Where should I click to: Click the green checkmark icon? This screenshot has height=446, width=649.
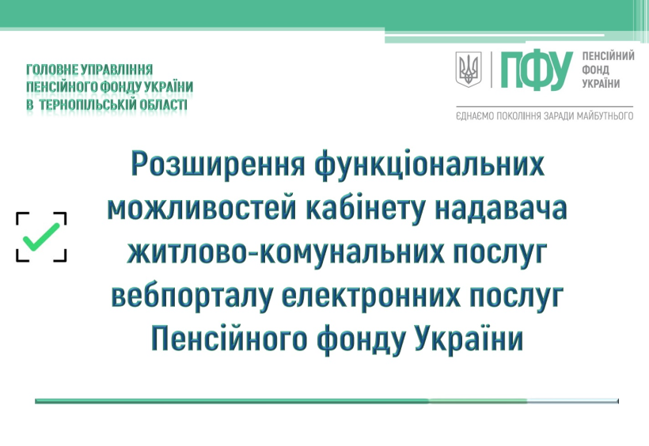point(40,236)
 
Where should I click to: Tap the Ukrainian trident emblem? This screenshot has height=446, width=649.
point(468,69)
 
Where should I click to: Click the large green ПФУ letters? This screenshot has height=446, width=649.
point(537,70)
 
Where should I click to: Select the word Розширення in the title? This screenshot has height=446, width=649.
point(218,164)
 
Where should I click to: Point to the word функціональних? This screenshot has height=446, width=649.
point(429,164)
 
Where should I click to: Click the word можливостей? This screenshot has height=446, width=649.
point(202,208)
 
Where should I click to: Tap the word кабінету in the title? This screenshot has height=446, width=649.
point(366,209)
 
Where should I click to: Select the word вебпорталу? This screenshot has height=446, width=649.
point(192,297)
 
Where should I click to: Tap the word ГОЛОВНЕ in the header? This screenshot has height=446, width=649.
point(52,69)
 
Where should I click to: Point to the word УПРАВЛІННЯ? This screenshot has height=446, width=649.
point(116,69)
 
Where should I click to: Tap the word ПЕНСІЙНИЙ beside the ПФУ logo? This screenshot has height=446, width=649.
point(608,56)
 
